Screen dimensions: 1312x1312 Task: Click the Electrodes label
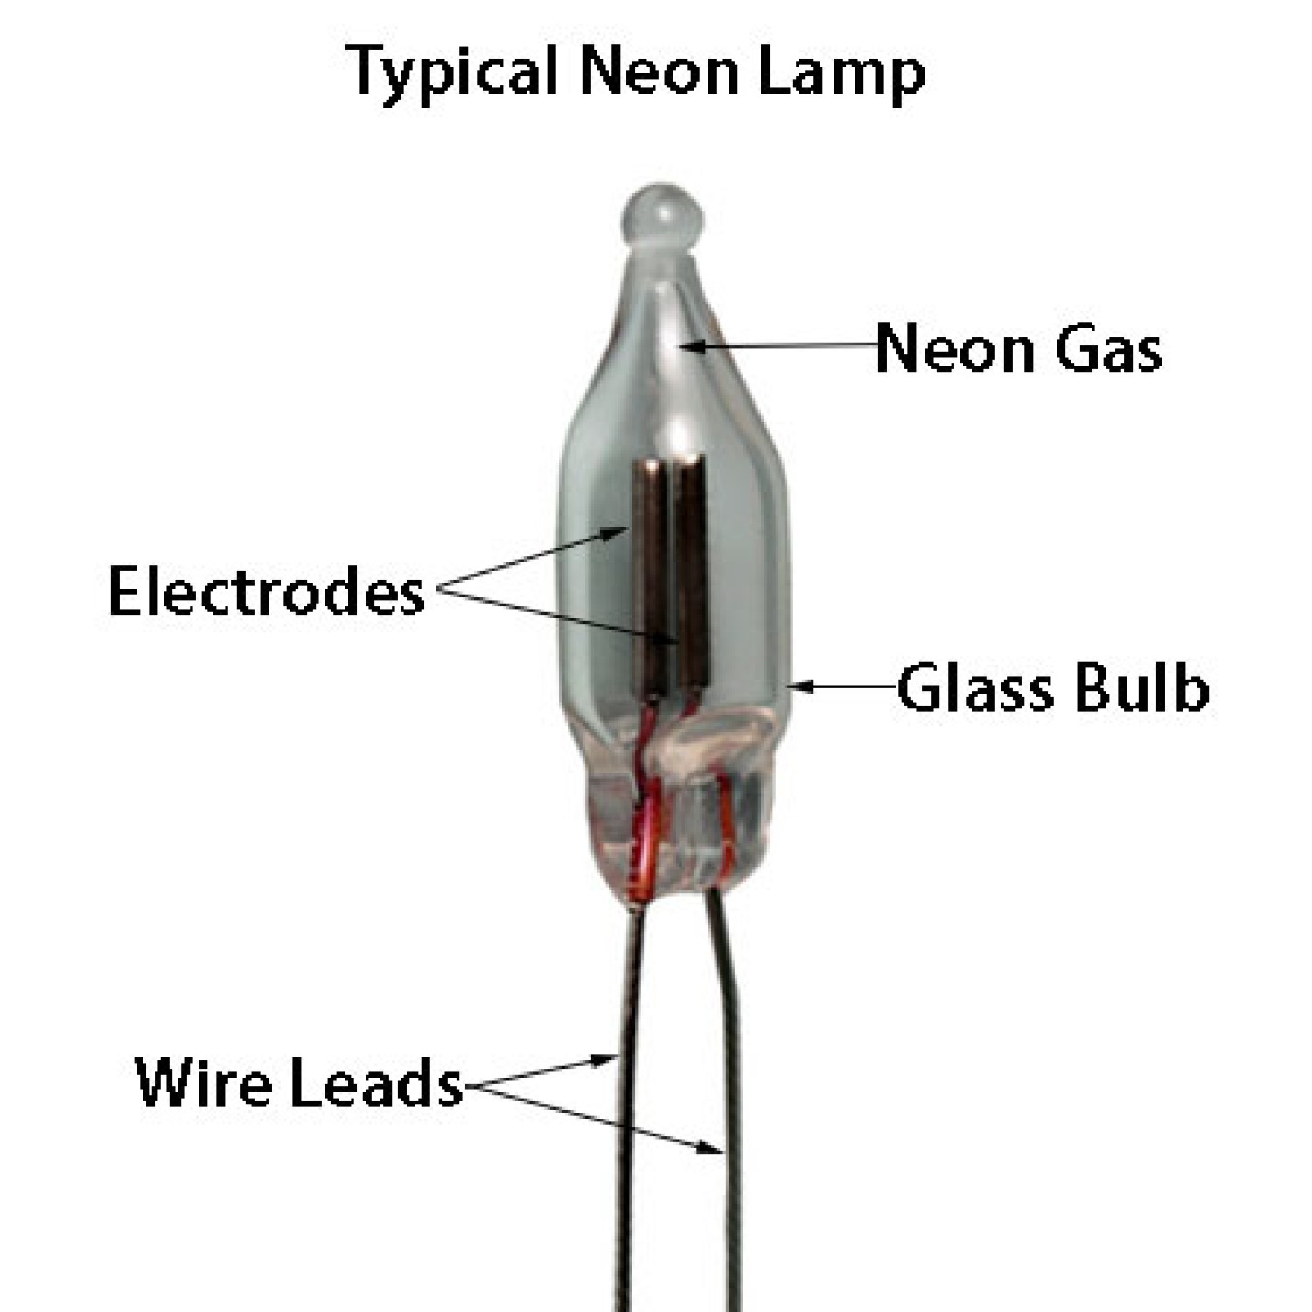(267, 590)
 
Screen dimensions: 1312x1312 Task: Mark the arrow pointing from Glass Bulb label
(843, 687)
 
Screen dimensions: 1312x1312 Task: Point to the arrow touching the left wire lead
(540, 1071)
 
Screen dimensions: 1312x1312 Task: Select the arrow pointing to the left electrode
(532, 559)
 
